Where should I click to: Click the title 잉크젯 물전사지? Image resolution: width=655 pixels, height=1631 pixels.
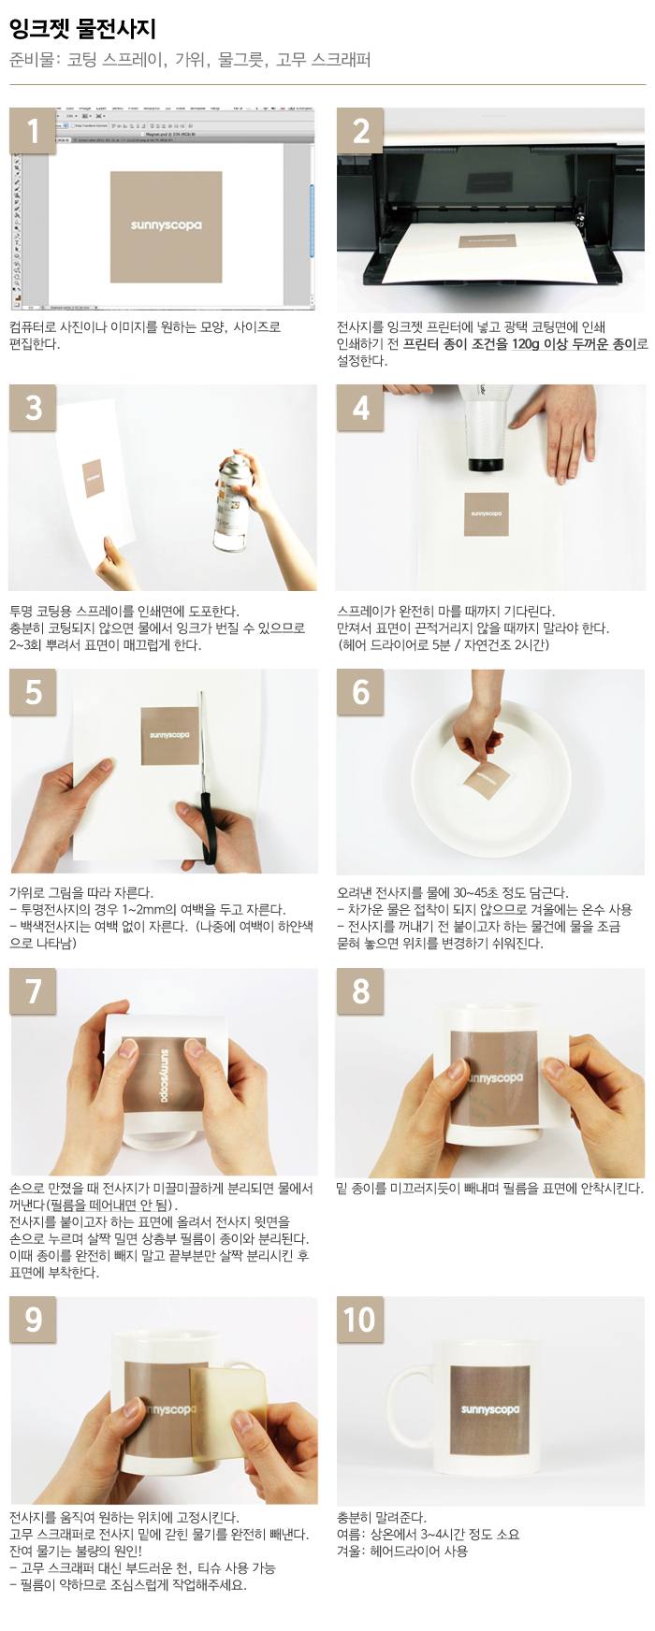point(82,29)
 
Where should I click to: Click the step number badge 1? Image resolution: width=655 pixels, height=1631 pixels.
point(33,131)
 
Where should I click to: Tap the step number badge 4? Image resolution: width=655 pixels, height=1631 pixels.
point(360,408)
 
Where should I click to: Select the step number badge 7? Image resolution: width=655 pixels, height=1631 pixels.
point(33,991)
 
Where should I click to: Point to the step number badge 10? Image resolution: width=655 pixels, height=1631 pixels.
point(360,1320)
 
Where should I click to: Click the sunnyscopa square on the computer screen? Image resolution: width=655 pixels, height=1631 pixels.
point(166,226)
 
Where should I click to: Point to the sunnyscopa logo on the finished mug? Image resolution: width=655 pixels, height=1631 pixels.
point(489,1409)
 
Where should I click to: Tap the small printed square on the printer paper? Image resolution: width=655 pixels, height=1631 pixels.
point(488,241)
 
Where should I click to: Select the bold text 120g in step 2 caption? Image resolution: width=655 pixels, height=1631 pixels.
point(525,344)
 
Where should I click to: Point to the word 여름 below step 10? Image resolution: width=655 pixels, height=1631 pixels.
point(350,1535)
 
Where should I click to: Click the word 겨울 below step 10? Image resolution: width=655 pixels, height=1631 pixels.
point(350,1552)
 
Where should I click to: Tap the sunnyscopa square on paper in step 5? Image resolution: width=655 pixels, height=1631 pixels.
point(169,736)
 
